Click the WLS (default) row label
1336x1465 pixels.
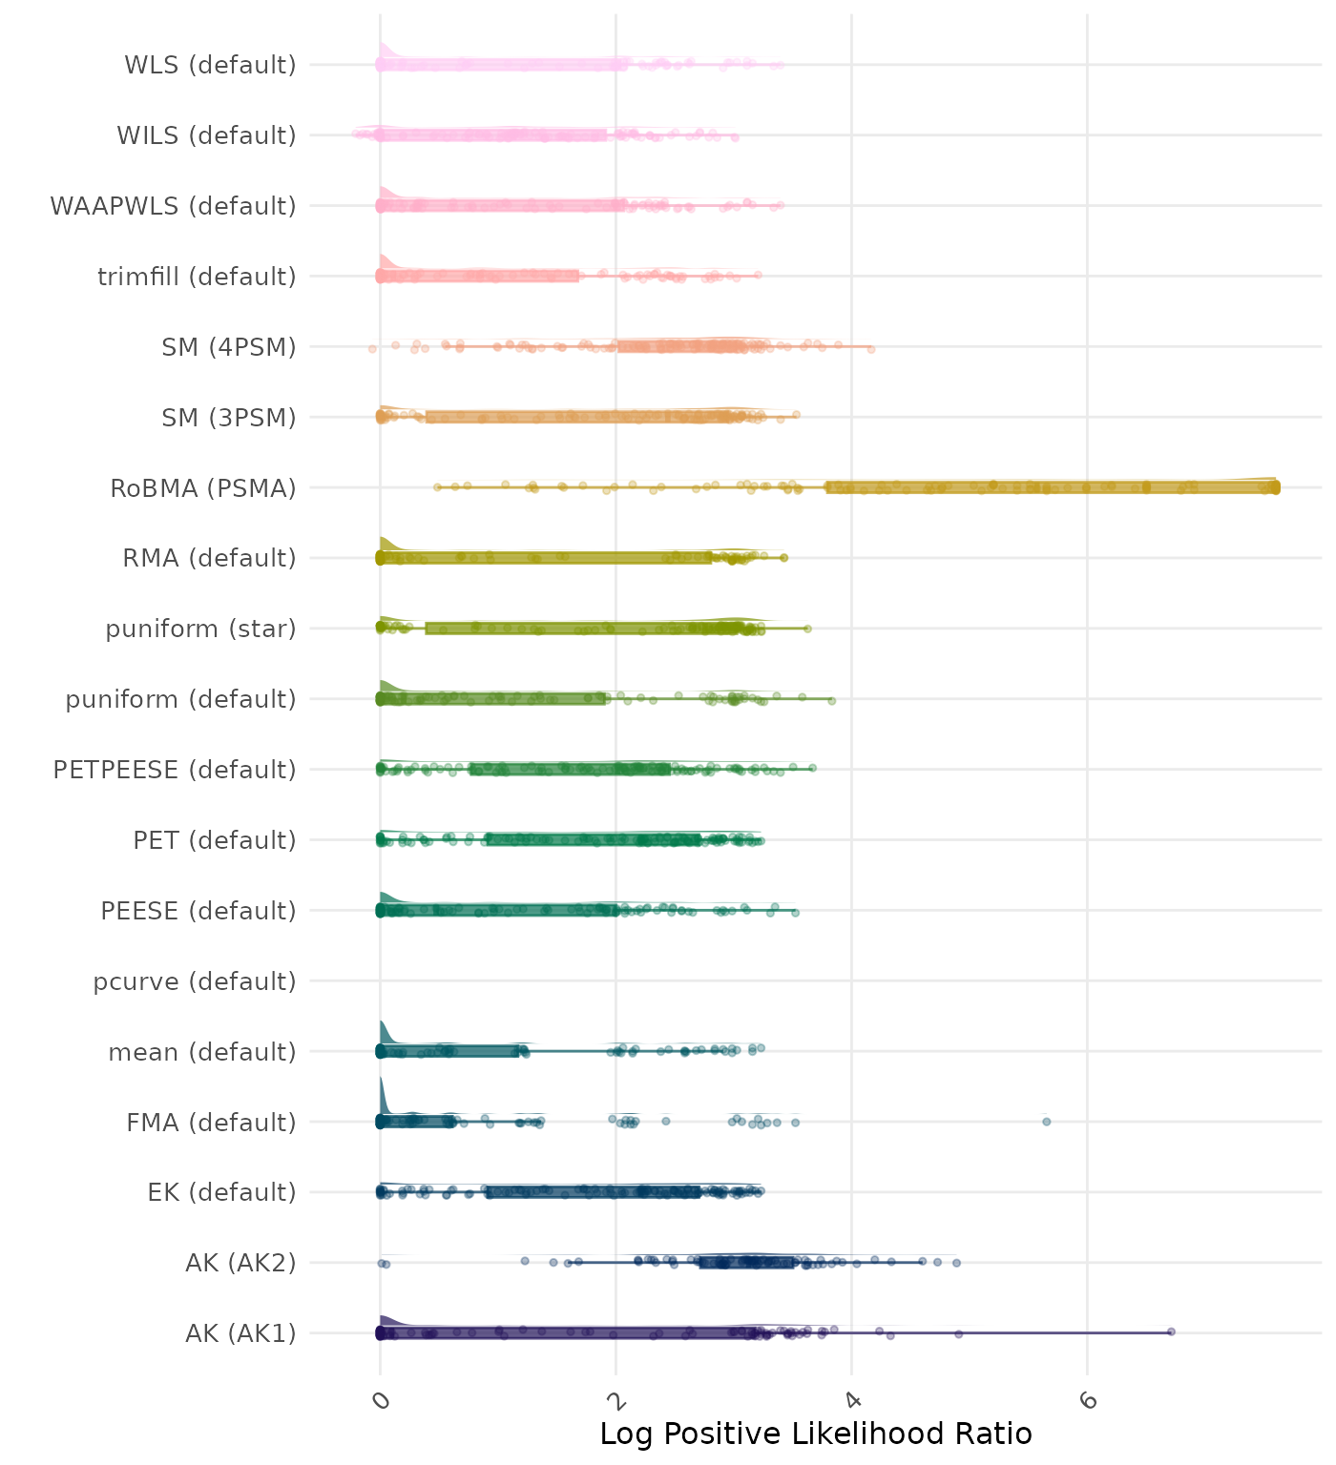click(x=210, y=65)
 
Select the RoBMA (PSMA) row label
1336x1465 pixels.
click(x=202, y=488)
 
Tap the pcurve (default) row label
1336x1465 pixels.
click(x=195, y=981)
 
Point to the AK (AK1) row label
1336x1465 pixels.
click(x=240, y=1333)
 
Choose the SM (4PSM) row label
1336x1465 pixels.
click(x=229, y=347)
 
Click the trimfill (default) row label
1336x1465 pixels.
click(x=197, y=277)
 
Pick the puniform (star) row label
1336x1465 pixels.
click(x=200, y=629)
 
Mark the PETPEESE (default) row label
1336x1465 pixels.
click(x=175, y=770)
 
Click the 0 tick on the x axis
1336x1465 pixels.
click(x=381, y=1400)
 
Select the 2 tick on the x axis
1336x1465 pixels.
click(x=616, y=1400)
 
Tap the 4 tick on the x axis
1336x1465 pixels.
click(x=852, y=1400)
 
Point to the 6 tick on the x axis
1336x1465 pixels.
click(x=1088, y=1400)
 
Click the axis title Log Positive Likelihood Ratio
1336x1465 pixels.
click(x=816, y=1434)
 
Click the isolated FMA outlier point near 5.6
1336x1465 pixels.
click(x=1047, y=1122)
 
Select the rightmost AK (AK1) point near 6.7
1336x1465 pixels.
click(x=1171, y=1331)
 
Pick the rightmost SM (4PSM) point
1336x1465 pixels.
click(x=870, y=349)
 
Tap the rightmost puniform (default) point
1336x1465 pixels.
click(x=831, y=701)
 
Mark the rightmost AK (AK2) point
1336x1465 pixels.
click(x=956, y=1263)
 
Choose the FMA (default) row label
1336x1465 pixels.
click(x=211, y=1123)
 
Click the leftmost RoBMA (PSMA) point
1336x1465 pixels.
click(x=437, y=487)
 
